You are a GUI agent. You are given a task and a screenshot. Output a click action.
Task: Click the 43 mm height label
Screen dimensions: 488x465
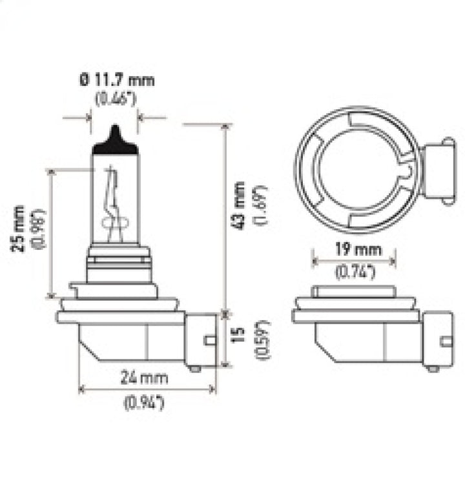point(238,205)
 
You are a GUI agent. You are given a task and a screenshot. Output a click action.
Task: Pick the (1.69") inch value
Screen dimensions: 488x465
point(260,205)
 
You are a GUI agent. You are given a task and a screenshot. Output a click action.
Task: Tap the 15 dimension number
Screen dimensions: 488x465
point(239,334)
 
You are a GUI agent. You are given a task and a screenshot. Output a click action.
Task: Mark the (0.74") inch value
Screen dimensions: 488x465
point(355,272)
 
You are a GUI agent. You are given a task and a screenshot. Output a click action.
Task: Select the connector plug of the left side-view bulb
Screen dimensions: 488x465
point(201,340)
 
